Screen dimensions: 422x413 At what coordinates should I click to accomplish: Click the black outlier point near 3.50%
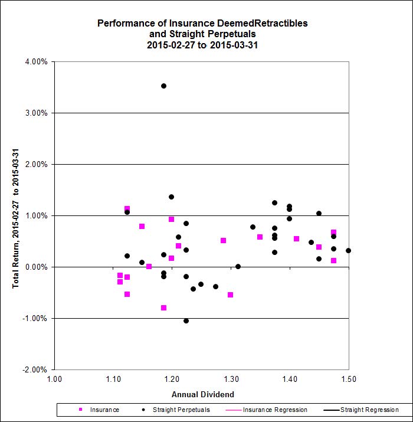[163, 86]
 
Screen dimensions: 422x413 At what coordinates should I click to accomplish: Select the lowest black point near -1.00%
[186, 320]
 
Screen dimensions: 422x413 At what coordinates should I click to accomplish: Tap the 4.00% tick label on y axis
[37, 61]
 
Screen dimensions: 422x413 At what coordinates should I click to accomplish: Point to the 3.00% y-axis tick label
[37, 113]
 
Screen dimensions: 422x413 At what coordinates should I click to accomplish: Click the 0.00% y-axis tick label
[37, 267]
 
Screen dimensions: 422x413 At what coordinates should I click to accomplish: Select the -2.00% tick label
[36, 369]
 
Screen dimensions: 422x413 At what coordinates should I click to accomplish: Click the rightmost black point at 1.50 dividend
[348, 250]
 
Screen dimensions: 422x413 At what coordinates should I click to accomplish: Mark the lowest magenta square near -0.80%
[163, 307]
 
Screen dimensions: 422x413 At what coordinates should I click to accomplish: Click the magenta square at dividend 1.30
[230, 295]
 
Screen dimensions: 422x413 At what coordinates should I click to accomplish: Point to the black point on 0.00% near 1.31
[238, 266]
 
